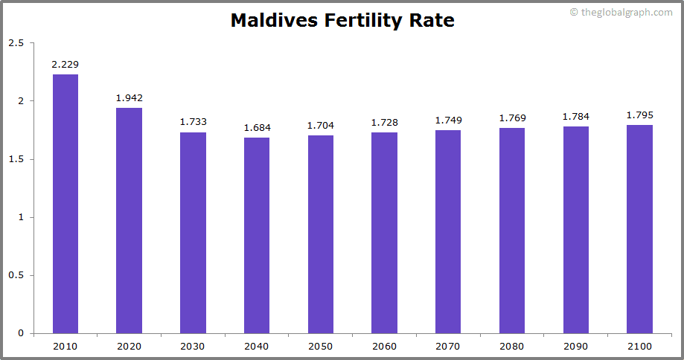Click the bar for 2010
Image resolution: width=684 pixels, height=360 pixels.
click(x=65, y=204)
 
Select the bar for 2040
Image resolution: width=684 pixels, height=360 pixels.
click(x=257, y=235)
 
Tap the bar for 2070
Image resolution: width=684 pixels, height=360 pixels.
click(x=448, y=231)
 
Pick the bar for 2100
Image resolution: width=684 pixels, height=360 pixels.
click(x=639, y=229)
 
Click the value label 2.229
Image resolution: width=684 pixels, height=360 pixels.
click(x=65, y=65)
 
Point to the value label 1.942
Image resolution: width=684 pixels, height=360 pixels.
click(x=130, y=98)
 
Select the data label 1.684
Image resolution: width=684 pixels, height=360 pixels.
click(x=257, y=128)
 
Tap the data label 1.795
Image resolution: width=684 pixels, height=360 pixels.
click(x=639, y=115)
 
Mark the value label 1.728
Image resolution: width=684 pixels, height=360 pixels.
click(x=384, y=123)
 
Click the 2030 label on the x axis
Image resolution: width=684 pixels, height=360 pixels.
click(x=193, y=347)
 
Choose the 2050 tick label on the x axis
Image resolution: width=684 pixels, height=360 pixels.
click(x=321, y=347)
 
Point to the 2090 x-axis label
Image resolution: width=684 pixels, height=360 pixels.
click(x=575, y=347)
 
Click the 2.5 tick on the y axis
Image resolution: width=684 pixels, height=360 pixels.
click(x=16, y=43)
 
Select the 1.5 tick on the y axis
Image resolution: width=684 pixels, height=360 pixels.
click(x=16, y=159)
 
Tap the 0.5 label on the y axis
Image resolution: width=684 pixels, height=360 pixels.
click(x=16, y=275)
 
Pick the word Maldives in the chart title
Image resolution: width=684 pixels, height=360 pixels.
click(x=273, y=21)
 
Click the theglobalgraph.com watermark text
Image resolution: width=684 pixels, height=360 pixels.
click(x=626, y=13)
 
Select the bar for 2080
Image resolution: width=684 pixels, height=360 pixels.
click(x=512, y=231)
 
